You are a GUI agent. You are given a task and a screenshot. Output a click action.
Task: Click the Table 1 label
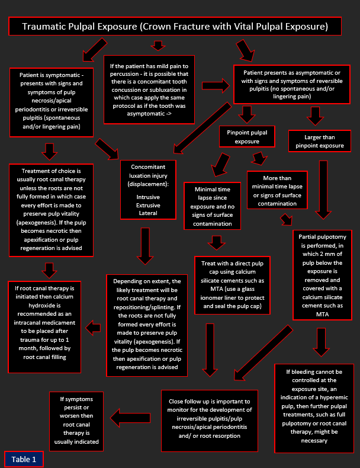(x=24, y=459)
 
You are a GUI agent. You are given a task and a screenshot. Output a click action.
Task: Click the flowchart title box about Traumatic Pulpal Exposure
(x=175, y=26)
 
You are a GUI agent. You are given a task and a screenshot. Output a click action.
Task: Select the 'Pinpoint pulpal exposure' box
(x=247, y=137)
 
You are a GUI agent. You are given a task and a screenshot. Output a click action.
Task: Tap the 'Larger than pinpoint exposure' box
(x=319, y=141)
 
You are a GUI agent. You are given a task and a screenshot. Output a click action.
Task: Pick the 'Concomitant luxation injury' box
(x=148, y=190)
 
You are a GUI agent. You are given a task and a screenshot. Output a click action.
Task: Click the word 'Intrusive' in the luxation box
(x=148, y=197)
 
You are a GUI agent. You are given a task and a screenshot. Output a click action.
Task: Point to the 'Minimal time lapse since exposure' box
(x=213, y=206)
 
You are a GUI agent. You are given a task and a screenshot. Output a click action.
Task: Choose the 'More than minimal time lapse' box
(x=277, y=190)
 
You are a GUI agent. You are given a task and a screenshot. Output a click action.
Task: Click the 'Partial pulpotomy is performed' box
(x=323, y=275)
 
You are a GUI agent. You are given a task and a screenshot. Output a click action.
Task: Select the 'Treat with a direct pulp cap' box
(x=232, y=285)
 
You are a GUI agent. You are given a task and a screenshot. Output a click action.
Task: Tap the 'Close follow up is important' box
(x=210, y=421)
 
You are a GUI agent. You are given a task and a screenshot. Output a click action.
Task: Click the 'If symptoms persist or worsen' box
(x=76, y=421)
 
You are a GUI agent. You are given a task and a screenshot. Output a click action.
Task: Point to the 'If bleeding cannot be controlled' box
(x=314, y=408)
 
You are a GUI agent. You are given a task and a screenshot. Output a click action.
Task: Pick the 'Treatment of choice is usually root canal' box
(x=51, y=210)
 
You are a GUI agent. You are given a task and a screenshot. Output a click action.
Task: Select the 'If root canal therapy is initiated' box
(x=44, y=327)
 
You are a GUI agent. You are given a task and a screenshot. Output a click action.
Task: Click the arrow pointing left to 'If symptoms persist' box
(x=130, y=418)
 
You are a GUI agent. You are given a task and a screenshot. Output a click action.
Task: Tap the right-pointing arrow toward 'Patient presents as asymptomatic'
(x=216, y=86)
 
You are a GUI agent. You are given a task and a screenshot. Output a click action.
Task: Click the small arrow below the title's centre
(x=158, y=46)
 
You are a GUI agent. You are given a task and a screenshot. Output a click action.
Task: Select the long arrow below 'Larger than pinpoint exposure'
(x=323, y=190)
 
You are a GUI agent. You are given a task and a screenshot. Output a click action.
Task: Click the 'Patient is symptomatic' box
(x=52, y=102)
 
